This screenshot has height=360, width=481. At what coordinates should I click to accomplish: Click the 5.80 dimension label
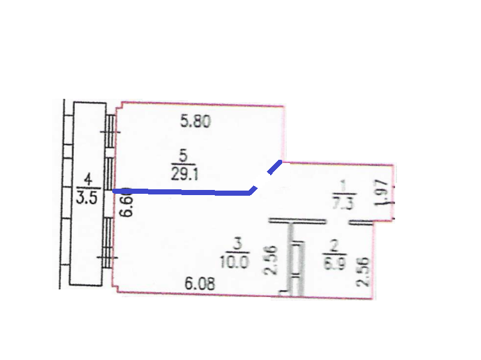coord(196,121)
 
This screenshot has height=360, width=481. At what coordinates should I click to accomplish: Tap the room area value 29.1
coord(184,175)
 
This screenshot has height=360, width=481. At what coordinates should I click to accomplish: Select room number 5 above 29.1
coord(183,157)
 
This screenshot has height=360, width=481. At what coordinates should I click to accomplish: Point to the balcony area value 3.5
coord(87,198)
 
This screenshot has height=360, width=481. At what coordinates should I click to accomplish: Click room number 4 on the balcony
coord(88,180)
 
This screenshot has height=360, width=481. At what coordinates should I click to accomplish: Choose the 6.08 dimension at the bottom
coord(199,284)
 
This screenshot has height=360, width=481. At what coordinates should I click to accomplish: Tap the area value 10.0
coord(235,262)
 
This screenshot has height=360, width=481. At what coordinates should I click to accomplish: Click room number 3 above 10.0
coord(238,244)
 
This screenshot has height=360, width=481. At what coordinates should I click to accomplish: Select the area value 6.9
coord(334,263)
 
